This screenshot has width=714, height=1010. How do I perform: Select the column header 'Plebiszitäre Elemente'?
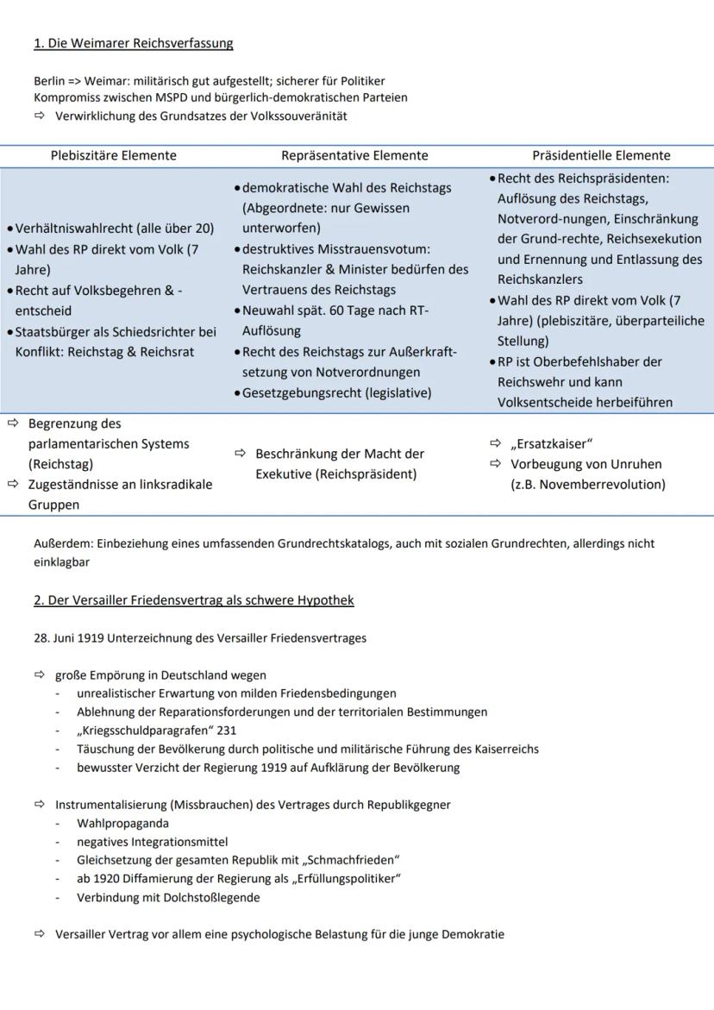(113, 156)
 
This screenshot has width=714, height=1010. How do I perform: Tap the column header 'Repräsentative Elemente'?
(354, 156)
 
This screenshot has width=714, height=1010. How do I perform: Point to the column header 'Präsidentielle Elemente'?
(601, 156)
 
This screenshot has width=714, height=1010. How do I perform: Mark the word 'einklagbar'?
(62, 561)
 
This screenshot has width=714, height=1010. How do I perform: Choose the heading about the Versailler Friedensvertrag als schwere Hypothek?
(194, 600)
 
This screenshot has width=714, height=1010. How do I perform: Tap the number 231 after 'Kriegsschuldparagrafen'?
(227, 731)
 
